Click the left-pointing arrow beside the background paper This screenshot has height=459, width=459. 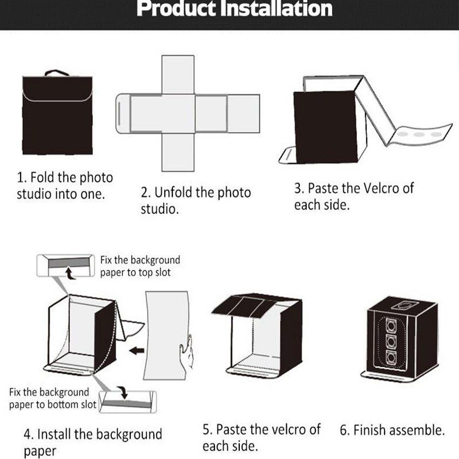136,350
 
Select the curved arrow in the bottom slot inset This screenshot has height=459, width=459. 124,392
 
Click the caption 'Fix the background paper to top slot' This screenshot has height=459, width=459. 140,266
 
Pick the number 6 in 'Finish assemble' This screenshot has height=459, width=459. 343,430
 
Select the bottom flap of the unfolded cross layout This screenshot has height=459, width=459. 178,151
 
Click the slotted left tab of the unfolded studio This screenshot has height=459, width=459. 123,113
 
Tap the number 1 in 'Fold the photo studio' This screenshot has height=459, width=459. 20,177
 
